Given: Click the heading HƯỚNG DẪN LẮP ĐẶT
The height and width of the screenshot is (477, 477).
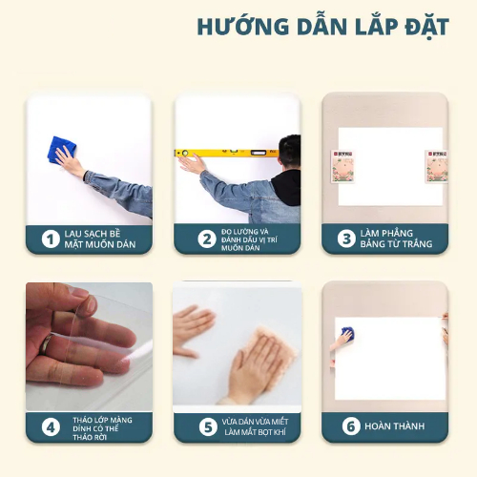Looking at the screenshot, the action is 322,26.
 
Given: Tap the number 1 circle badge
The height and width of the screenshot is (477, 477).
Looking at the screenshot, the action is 51,239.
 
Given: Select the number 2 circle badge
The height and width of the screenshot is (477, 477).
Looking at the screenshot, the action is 207,239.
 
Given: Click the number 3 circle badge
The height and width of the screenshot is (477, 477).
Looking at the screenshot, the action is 346,238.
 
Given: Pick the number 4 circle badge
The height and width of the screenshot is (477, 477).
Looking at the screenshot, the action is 51,427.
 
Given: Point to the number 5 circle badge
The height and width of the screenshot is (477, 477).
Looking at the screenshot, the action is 208,426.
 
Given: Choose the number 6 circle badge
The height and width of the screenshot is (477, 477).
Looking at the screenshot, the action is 351,425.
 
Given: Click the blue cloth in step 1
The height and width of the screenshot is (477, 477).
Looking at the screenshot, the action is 61,150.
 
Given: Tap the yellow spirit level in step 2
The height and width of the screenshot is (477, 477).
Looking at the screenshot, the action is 226,153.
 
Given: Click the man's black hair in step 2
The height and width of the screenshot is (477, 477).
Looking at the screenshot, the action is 290,150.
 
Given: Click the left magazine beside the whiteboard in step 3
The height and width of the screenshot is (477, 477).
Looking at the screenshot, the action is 342,166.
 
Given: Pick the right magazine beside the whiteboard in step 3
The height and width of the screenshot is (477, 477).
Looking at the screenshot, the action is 436,166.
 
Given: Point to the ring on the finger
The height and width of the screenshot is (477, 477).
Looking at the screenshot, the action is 47,344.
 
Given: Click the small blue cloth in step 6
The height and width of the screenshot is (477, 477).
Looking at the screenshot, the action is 347,333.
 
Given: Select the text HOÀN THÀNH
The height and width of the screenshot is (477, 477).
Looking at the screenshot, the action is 394,425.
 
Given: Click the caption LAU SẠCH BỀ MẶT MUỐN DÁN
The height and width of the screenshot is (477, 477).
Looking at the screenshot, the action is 100,239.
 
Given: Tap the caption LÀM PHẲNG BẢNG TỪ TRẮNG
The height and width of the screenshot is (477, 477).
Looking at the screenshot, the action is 396,238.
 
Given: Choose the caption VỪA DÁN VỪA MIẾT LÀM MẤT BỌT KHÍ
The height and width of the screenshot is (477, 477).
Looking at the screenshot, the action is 255,426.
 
